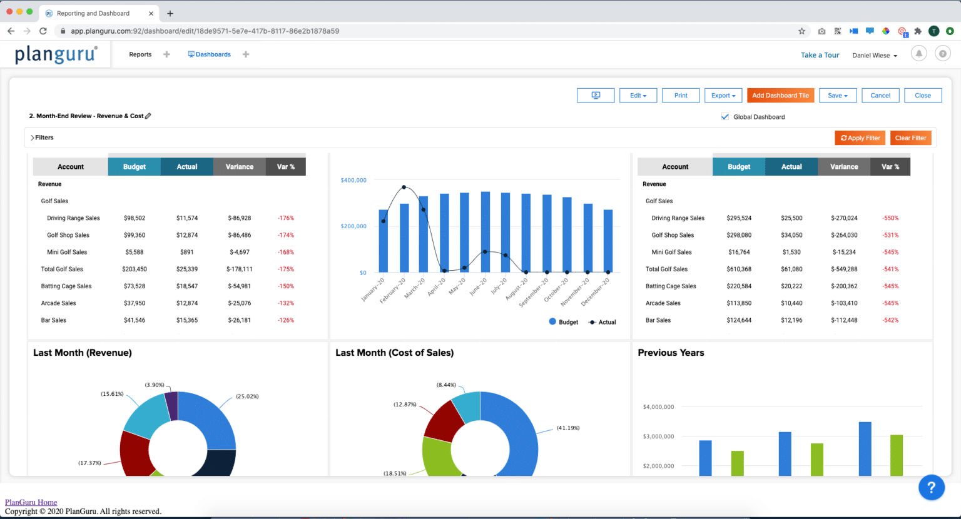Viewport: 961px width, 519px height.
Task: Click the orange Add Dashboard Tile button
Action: click(x=780, y=96)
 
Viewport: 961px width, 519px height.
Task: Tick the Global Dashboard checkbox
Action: click(x=725, y=117)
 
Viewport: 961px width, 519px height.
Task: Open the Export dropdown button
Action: click(x=723, y=96)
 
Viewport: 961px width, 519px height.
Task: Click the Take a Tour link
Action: click(x=820, y=55)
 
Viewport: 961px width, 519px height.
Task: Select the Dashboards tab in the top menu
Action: click(x=210, y=54)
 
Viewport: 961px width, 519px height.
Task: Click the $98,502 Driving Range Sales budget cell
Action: click(x=135, y=218)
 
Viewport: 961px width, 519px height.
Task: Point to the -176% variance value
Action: click(x=286, y=218)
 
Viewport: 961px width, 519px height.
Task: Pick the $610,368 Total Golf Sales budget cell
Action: click(x=739, y=270)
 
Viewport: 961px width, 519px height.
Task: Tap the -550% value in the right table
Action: click(x=890, y=218)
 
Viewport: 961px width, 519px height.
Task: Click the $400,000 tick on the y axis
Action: click(x=353, y=180)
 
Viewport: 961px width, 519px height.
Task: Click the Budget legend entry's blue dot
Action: click(x=552, y=321)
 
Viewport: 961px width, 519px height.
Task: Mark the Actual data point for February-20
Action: click(x=404, y=187)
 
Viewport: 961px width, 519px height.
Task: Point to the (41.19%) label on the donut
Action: click(x=568, y=428)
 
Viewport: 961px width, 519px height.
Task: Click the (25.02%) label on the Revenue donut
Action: click(x=247, y=396)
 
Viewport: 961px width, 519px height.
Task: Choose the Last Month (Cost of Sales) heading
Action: click(x=394, y=353)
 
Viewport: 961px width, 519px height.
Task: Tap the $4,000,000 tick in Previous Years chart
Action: click(x=658, y=407)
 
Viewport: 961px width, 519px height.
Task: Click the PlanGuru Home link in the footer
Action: click(x=31, y=502)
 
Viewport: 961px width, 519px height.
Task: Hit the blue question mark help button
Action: click(x=931, y=487)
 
